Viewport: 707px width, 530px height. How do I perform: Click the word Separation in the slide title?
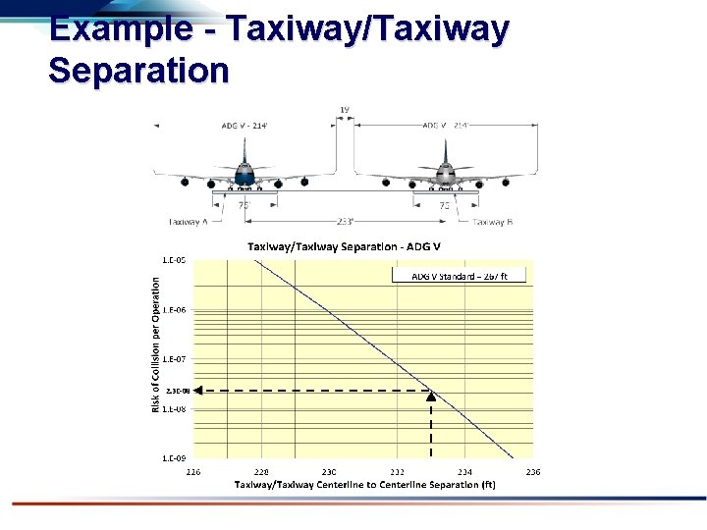coord(137,70)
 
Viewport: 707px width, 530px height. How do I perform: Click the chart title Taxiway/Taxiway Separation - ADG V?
coord(344,245)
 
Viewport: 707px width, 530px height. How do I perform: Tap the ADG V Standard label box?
coord(459,276)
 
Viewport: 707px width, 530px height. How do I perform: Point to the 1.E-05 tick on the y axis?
coord(176,260)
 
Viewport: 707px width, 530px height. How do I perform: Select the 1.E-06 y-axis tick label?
coord(176,310)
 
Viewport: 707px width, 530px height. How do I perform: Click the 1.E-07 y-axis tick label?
coord(176,359)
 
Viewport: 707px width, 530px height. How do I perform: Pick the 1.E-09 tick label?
coord(176,457)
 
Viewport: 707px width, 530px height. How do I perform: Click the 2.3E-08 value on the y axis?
coord(177,391)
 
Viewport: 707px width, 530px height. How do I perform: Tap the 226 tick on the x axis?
coord(194,471)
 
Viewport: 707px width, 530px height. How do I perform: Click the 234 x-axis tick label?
coord(464,471)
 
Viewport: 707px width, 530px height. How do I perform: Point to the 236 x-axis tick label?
coord(533,471)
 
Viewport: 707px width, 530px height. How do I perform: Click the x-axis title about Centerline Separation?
coord(364,485)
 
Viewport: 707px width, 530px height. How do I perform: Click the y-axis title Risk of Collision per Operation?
coord(155,342)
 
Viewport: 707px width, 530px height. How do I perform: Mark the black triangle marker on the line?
coord(431,395)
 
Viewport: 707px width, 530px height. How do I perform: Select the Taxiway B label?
coord(492,222)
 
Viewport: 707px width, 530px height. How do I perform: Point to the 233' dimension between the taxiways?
coord(344,221)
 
